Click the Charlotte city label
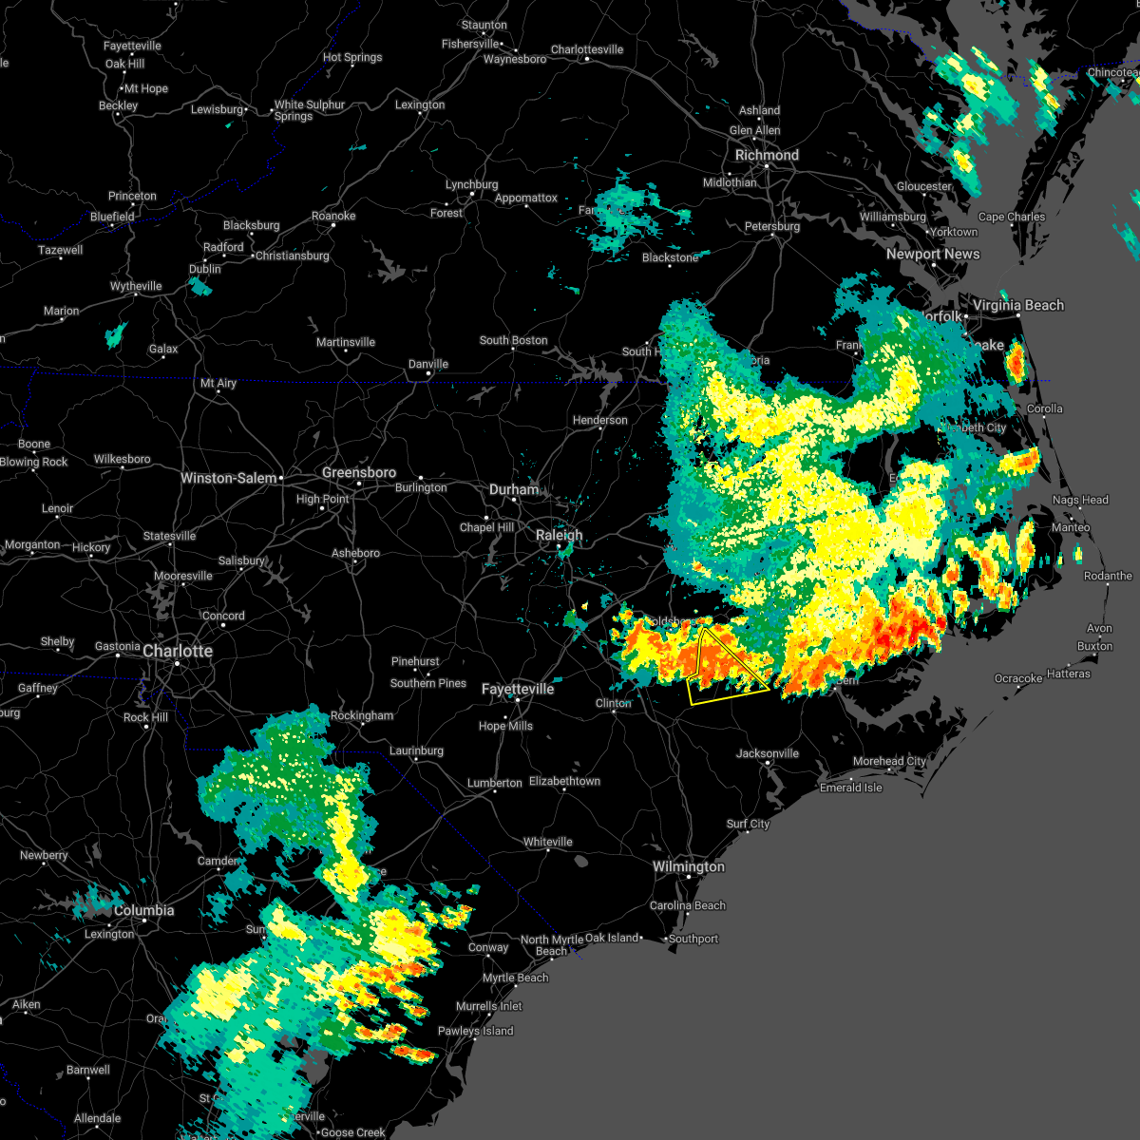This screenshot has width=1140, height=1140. point(178,651)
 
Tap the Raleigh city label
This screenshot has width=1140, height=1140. point(559,535)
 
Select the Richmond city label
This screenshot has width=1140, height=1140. point(767,155)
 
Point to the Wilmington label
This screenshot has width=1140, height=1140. point(688,866)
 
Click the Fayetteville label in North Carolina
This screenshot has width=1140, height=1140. point(518,689)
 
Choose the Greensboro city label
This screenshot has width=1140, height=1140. point(359,472)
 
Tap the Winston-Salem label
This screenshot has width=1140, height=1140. point(229,478)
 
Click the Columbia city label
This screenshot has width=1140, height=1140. point(144,910)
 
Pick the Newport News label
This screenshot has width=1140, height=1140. point(933,254)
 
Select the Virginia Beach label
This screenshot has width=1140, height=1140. point(1018,305)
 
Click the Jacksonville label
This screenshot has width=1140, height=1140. point(768,753)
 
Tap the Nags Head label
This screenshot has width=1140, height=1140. point(1080,500)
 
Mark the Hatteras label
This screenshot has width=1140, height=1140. point(1069,674)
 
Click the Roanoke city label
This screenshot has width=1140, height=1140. point(333,216)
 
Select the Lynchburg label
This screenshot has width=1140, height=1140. point(471,184)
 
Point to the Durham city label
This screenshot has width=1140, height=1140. point(514,489)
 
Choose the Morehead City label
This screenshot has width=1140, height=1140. point(889,761)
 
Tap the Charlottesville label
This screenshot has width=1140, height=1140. point(587,49)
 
